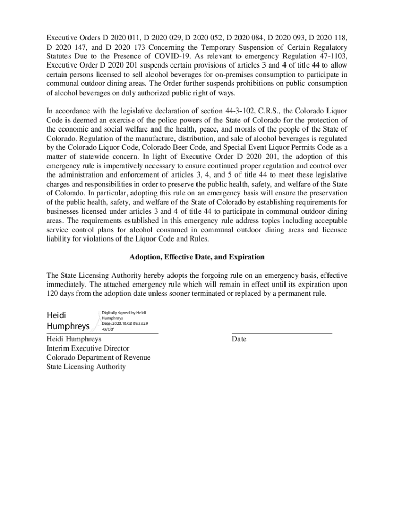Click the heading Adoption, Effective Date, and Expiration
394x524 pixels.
pyautogui.click(x=197, y=257)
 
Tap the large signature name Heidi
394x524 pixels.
pyautogui.click(x=57, y=314)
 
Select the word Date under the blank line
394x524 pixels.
pyautogui.click(x=239, y=339)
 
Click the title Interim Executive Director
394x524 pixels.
pyautogui.click(x=87, y=348)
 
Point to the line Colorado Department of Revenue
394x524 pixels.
pyautogui.click(x=98, y=358)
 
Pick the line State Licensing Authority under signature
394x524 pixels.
pyautogui.click(x=86, y=367)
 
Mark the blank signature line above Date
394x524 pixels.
pyautogui.click(x=281, y=333)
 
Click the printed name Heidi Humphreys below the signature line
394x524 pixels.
pyautogui.click(x=74, y=339)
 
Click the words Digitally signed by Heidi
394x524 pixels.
pyautogui.click(x=124, y=312)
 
